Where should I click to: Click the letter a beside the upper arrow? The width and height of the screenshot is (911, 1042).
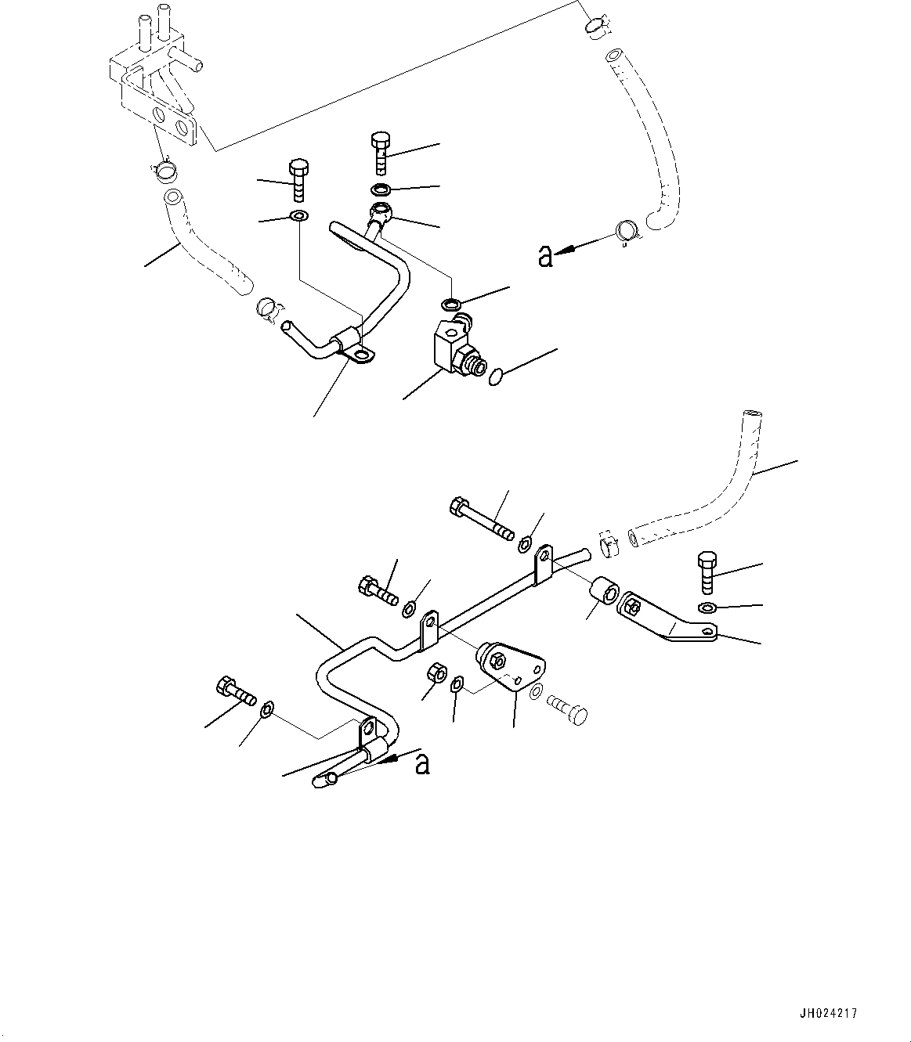click(545, 255)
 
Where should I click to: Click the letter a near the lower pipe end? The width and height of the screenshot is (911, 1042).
click(422, 763)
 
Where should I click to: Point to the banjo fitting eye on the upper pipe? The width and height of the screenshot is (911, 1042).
click(381, 211)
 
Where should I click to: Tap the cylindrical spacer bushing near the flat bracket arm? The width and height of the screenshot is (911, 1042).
click(605, 592)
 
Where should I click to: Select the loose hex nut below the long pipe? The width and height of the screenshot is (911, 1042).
click(438, 672)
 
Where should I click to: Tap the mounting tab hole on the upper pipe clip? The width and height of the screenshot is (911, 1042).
click(360, 357)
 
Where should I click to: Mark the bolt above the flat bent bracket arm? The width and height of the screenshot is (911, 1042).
click(706, 574)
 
